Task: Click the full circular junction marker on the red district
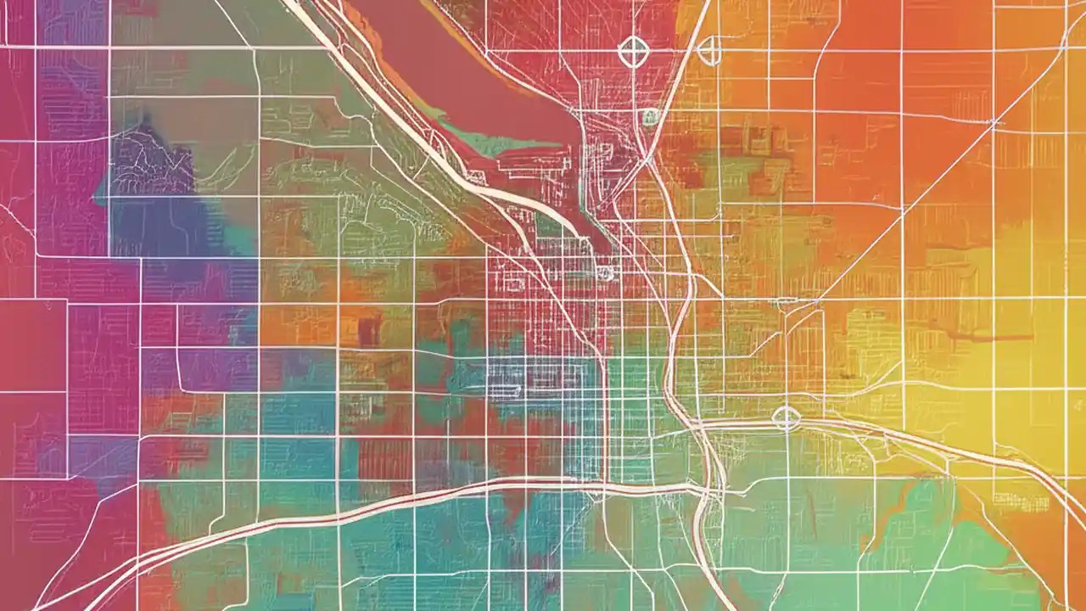632,51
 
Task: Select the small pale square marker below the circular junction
650,117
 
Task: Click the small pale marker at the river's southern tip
604,272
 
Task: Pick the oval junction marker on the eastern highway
787,418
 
